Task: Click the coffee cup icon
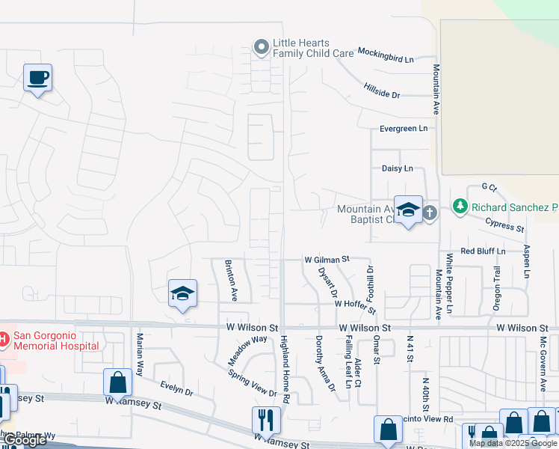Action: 37,77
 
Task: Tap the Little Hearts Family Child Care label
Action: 312,49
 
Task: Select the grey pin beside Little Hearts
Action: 261,48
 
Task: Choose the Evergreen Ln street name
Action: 404,129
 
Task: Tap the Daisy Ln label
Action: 397,169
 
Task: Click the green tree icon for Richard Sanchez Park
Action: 460,206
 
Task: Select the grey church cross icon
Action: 430,213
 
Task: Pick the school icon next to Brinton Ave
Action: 182,294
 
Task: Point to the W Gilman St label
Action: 327,259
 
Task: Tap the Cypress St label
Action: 505,224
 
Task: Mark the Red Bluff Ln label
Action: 483,251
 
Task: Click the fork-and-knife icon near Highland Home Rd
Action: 265,419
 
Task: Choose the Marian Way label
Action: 140,354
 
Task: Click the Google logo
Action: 24,441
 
